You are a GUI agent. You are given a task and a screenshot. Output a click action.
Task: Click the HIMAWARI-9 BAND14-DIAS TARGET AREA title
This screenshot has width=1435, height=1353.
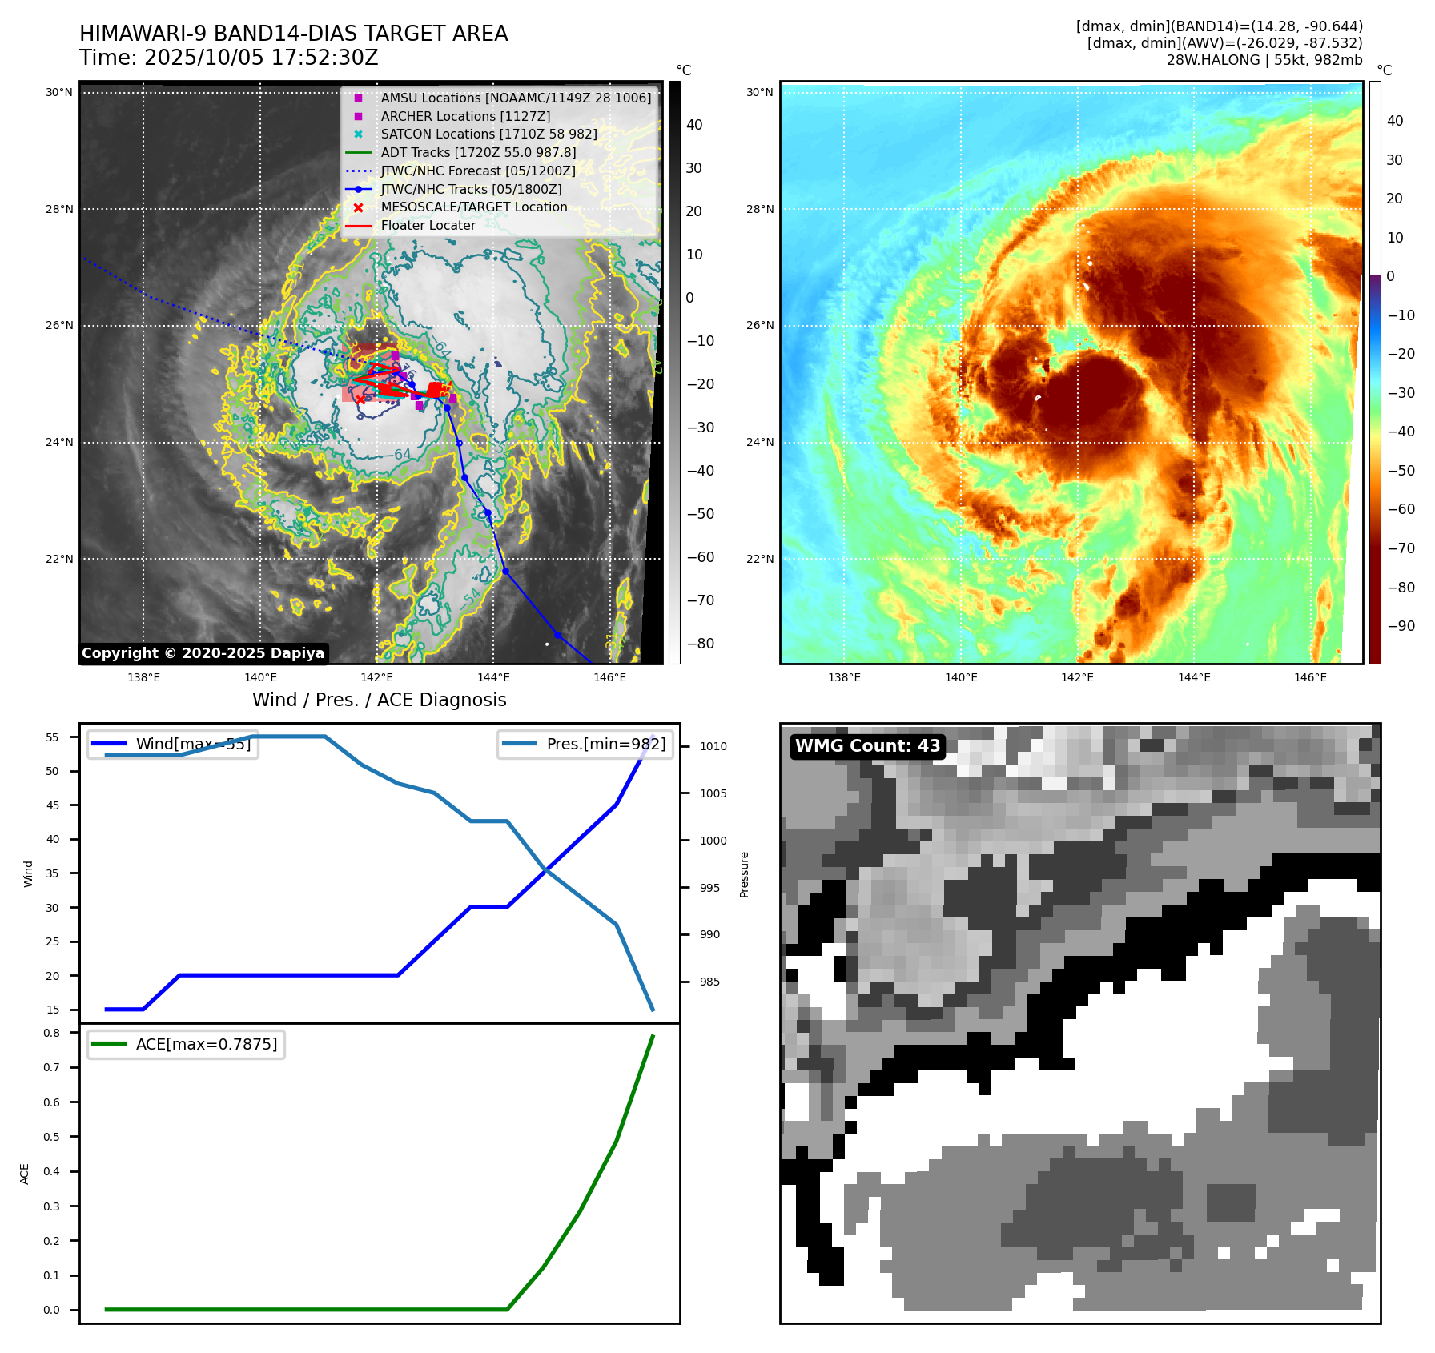293,34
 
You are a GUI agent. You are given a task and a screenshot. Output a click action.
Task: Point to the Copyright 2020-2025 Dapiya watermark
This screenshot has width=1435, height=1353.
203,653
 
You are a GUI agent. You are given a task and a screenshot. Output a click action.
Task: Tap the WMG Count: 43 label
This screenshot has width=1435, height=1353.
867,746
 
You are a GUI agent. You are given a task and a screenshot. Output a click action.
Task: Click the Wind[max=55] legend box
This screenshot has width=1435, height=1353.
172,744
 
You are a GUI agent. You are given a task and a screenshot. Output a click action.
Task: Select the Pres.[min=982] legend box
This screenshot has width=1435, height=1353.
585,744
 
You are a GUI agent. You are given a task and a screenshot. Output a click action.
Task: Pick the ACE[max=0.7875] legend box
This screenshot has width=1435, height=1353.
186,1044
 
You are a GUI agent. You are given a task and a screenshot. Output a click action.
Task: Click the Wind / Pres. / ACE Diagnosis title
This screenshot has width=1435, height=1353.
379,700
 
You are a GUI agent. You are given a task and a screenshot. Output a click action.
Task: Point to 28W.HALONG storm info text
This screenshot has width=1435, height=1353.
1264,60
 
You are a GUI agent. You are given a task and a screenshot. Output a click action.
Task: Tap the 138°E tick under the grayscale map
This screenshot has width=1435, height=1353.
143,677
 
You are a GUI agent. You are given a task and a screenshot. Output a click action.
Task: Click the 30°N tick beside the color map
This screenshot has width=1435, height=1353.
759,92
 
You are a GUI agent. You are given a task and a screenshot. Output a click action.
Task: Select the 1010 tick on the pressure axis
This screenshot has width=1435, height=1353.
713,746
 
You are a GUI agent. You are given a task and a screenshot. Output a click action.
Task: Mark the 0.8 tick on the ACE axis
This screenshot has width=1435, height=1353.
52,1033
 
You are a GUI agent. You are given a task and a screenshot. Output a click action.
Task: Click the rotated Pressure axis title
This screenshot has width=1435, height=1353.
744,874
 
